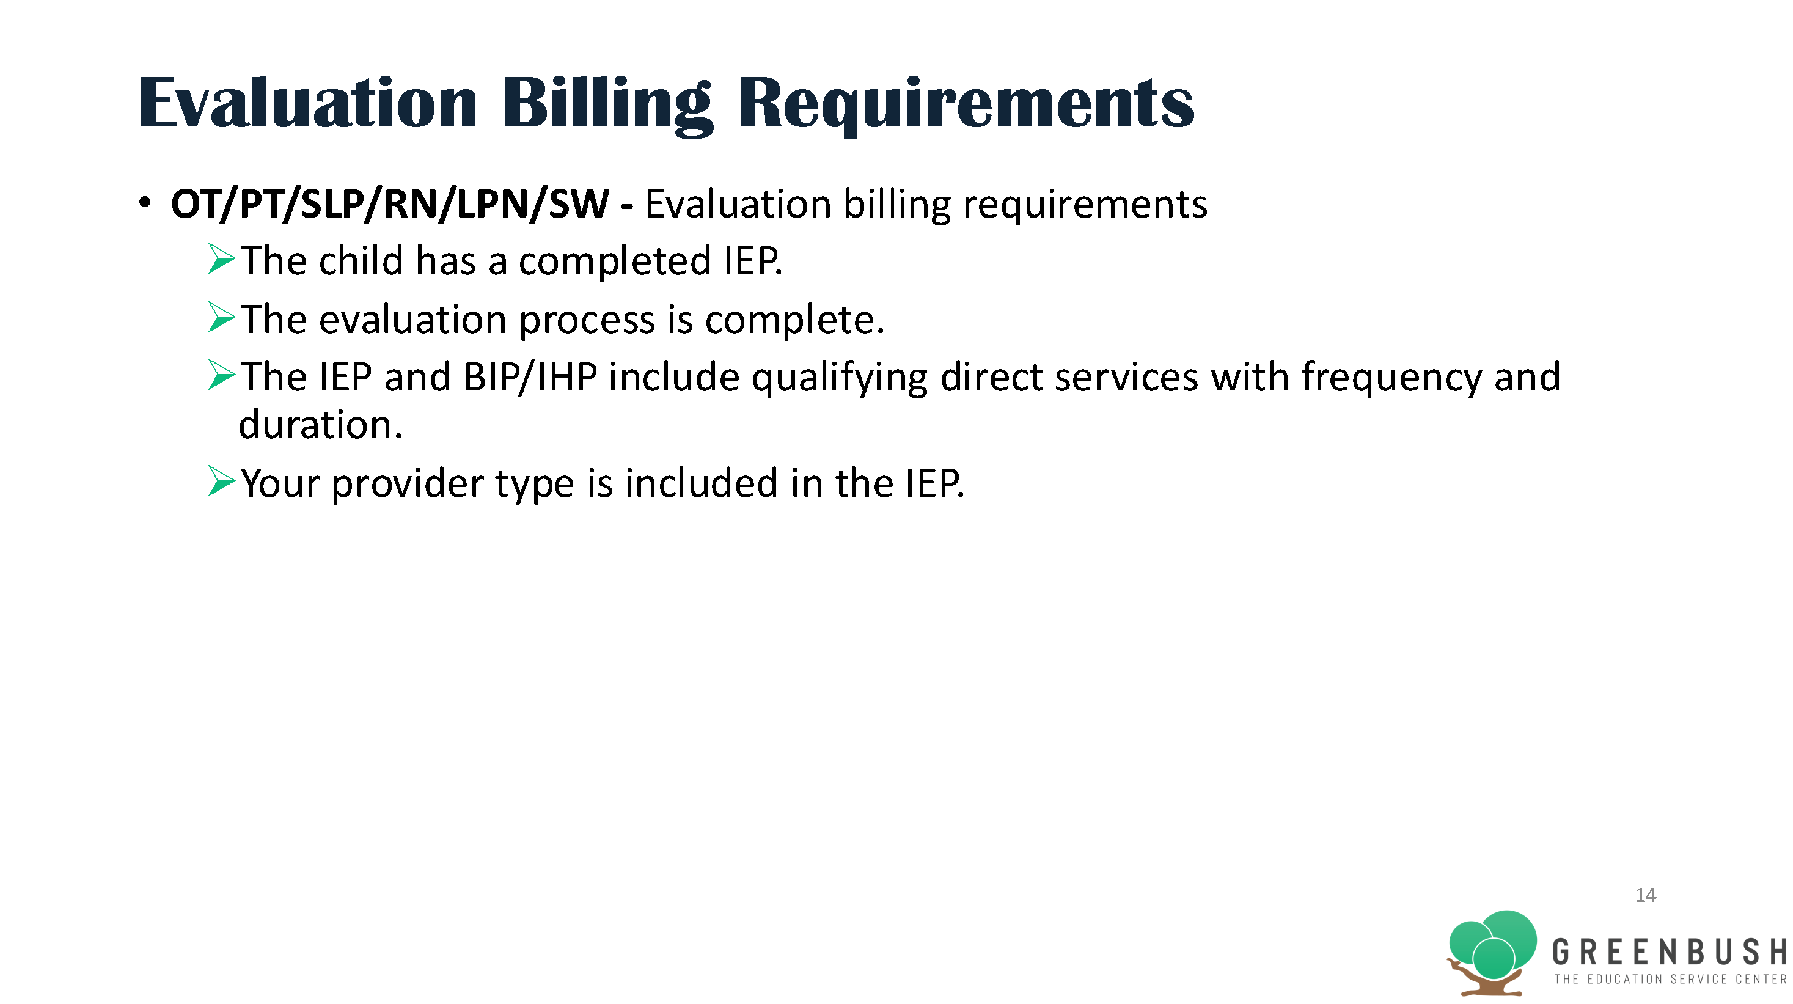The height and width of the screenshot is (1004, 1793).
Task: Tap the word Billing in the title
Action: [607, 106]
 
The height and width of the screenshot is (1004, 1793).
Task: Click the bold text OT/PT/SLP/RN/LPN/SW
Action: [390, 205]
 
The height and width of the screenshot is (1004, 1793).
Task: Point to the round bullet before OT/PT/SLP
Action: [145, 203]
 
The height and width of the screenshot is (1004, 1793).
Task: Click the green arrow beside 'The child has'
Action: [221, 260]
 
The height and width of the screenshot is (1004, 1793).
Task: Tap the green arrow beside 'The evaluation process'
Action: [221, 317]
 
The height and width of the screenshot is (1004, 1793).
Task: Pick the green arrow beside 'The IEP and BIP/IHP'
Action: [221, 375]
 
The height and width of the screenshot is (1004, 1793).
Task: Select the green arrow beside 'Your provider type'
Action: [221, 482]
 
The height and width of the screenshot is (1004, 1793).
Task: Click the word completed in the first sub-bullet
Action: [615, 262]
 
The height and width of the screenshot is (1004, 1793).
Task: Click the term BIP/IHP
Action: [530, 377]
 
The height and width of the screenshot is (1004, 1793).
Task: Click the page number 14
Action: [1646, 895]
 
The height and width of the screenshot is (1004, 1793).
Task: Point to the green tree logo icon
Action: [1491, 952]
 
